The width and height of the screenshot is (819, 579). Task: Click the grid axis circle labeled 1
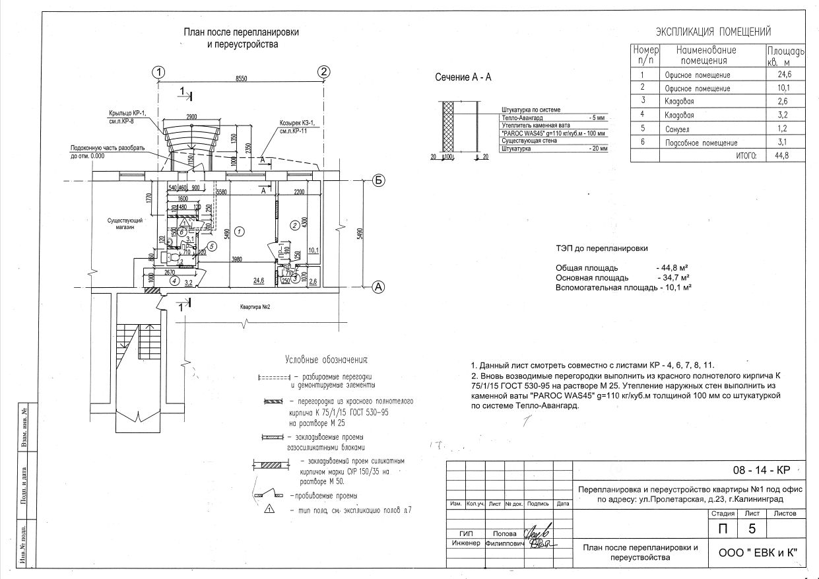click(158, 72)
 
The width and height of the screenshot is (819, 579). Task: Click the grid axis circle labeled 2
click(323, 72)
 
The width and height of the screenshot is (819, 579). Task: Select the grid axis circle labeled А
click(379, 287)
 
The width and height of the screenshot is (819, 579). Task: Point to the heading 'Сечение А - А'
click(463, 77)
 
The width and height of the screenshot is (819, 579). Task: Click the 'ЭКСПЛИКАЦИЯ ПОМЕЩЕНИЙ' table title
click(713, 32)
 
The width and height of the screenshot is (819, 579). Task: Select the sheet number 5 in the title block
click(752, 528)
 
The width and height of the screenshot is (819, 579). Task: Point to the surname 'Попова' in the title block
click(504, 533)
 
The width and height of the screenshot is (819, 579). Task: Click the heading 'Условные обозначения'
click(325, 360)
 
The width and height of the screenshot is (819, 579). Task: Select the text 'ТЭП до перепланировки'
click(601, 249)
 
